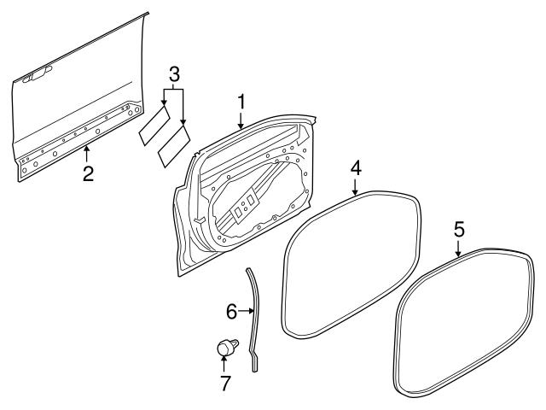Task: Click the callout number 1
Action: tap(241, 102)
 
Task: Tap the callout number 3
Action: tap(174, 72)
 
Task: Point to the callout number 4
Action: tap(356, 167)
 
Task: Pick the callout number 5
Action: tap(458, 228)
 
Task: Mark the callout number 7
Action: tap(224, 383)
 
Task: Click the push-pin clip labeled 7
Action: tap(225, 348)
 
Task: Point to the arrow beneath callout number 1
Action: tap(241, 120)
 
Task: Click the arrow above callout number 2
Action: tap(87, 155)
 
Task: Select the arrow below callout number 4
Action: tap(356, 189)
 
